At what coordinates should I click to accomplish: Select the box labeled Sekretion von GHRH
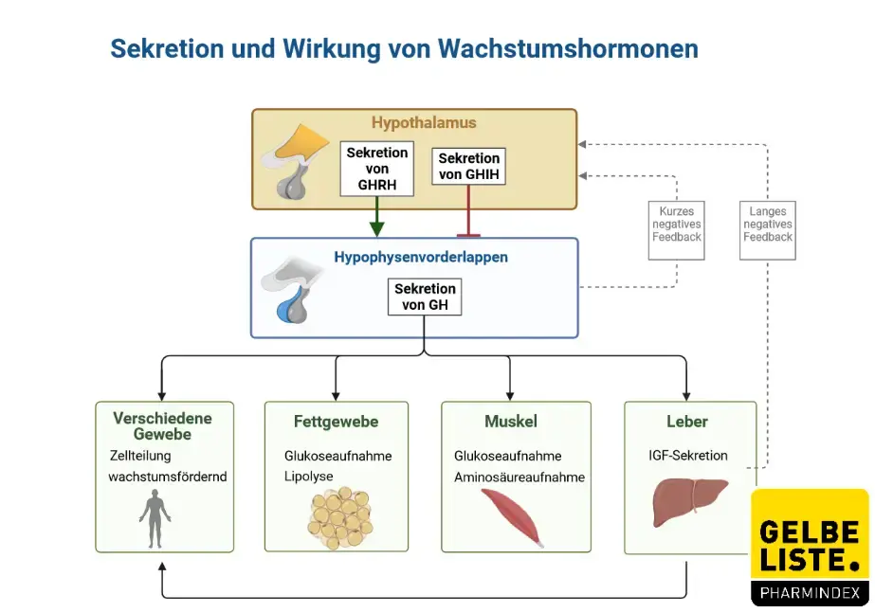[x=376, y=169]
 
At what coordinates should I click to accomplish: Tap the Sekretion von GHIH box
[x=468, y=166]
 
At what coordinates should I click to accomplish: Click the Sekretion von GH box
[x=425, y=297]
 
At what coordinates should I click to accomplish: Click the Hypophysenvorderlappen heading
[x=420, y=257]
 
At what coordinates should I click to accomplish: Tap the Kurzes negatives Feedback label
[x=677, y=225]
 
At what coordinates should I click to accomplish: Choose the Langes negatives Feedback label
[x=768, y=225]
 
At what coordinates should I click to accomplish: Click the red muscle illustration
[x=514, y=517]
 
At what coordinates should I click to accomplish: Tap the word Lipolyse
[x=309, y=476]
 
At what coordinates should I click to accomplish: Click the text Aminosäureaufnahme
[x=519, y=478]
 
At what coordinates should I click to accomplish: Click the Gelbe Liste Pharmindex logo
[x=810, y=547]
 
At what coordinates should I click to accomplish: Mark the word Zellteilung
[x=140, y=456]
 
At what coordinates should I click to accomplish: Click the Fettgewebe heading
[x=336, y=422]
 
